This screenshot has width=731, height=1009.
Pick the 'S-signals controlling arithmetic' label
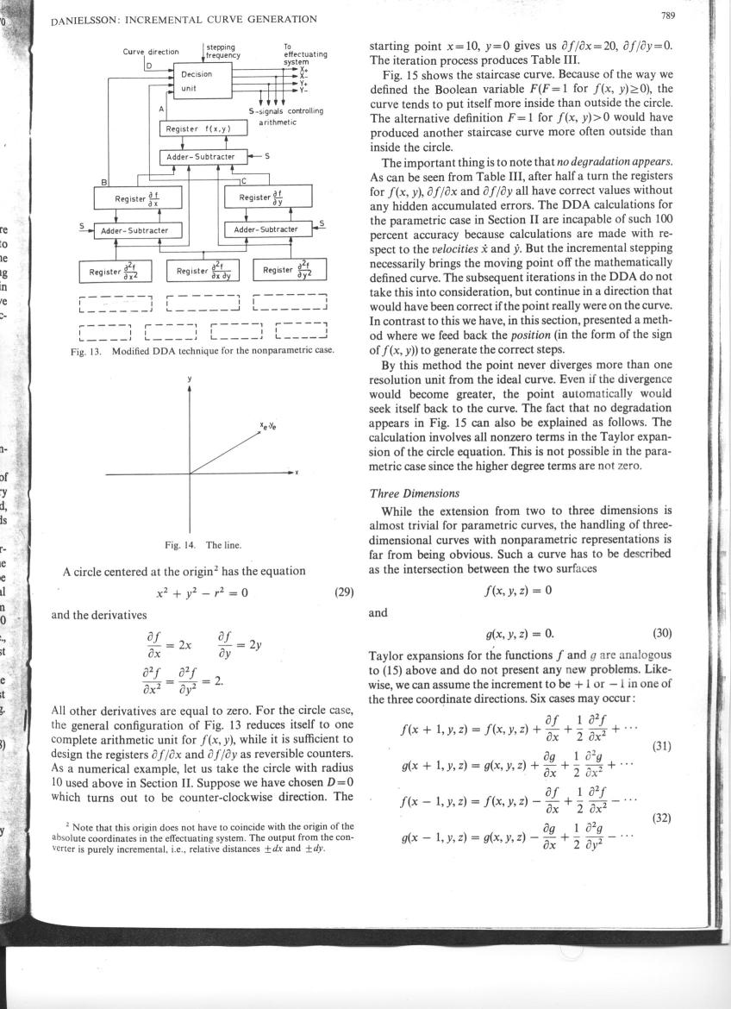(285, 116)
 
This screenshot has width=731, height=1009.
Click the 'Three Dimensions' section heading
(404, 493)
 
